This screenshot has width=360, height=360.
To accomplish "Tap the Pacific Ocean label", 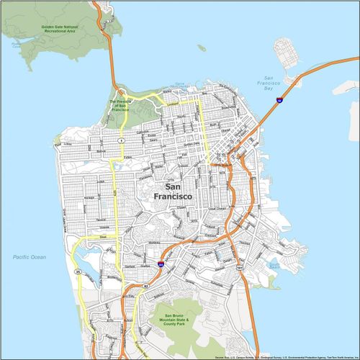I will tap(29, 257).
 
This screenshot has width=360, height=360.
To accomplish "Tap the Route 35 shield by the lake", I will tap(76, 272).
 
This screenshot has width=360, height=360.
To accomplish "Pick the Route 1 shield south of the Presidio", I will tap(122, 139).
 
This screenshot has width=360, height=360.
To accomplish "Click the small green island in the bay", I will tap(202, 48).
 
